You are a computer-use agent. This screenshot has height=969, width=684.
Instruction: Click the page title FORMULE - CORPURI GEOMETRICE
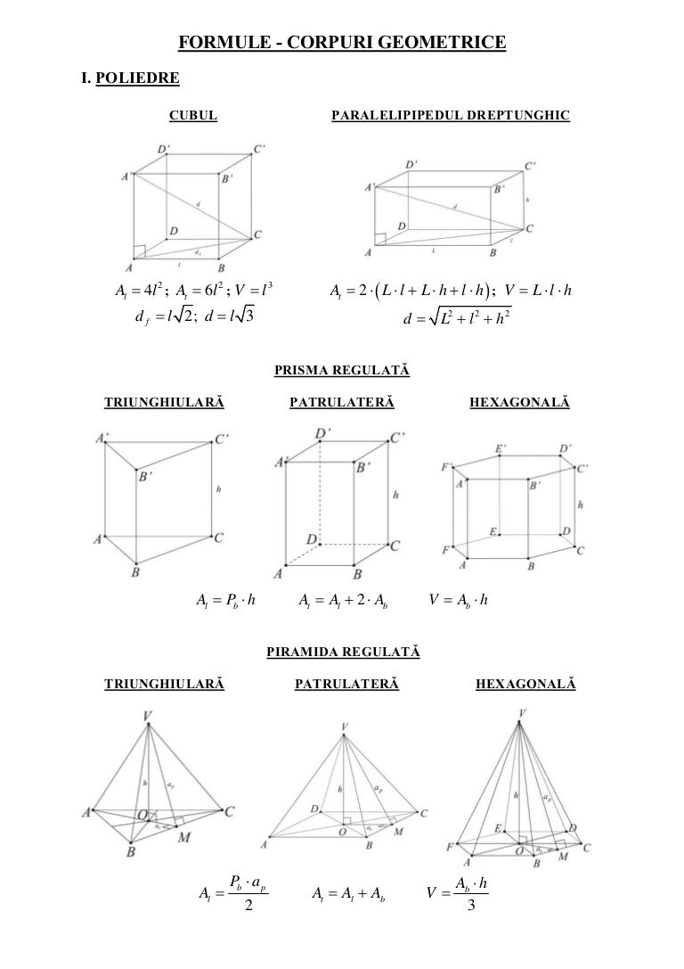[x=342, y=42]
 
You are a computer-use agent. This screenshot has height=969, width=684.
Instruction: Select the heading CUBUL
[x=193, y=115]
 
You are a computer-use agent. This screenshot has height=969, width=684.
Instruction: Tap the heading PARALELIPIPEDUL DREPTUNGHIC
[x=450, y=115]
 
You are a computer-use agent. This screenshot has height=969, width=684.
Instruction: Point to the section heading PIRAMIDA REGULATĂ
[x=342, y=653]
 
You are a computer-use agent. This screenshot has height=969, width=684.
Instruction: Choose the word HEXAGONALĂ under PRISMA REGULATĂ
[x=518, y=404]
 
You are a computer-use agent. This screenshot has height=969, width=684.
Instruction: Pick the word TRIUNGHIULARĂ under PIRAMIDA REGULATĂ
[x=164, y=685]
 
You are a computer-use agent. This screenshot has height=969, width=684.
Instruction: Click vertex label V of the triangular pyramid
[x=148, y=715]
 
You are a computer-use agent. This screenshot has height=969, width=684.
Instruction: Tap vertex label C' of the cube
[x=258, y=150]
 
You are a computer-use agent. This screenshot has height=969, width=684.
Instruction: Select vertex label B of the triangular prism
[x=135, y=573]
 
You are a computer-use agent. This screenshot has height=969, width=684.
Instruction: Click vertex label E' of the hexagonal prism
[x=503, y=448]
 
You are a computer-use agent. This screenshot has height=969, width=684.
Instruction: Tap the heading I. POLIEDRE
[x=130, y=78]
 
